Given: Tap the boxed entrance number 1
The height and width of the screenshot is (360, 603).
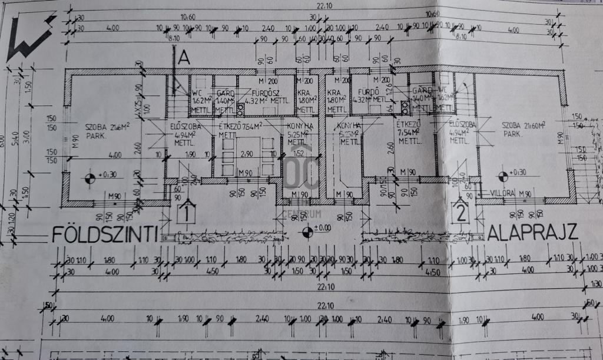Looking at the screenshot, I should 187,210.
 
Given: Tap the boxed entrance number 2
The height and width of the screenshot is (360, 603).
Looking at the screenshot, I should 461,210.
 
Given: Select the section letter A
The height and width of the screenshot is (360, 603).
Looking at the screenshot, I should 183,58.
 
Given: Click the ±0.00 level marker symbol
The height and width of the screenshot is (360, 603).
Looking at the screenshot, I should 307,232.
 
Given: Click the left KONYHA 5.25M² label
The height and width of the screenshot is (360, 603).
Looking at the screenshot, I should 300,133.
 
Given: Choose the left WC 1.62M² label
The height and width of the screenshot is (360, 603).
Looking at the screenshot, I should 198,100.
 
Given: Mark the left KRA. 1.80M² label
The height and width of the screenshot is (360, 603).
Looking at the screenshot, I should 304,101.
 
